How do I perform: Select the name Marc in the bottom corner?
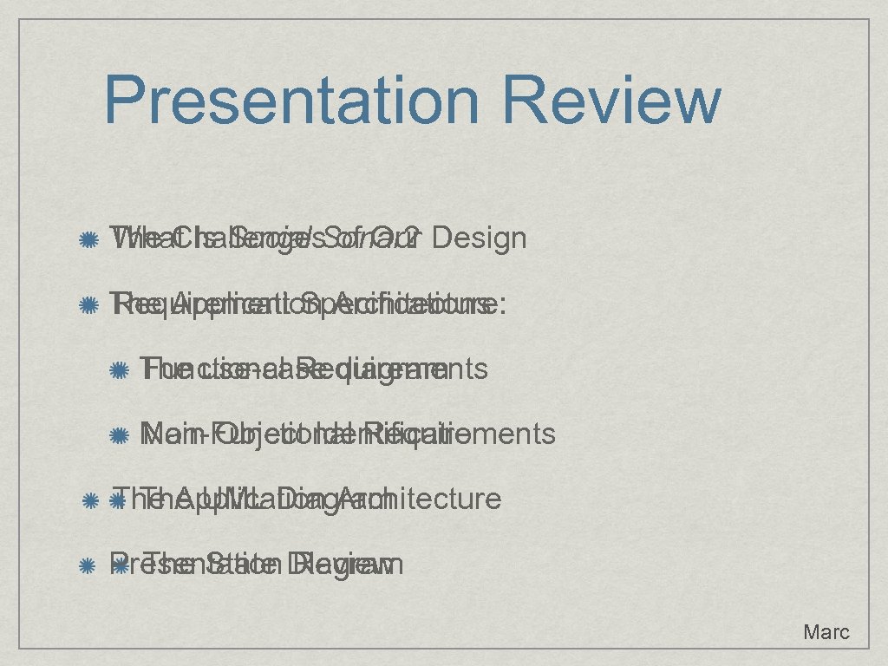[826, 632]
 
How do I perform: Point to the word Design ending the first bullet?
[478, 237]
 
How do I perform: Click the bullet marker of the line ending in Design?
[88, 238]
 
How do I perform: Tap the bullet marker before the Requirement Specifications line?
[88, 305]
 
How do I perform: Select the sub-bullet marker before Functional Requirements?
[120, 371]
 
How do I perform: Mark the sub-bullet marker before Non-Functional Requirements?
[120, 434]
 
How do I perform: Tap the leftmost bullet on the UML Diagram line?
[88, 500]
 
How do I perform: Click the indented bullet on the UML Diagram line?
[120, 500]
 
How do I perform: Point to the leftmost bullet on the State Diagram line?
[88, 566]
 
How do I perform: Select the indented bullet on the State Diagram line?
[120, 566]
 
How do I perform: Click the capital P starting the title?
[124, 100]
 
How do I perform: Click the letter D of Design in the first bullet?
[440, 237]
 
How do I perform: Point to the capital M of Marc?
[812, 632]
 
